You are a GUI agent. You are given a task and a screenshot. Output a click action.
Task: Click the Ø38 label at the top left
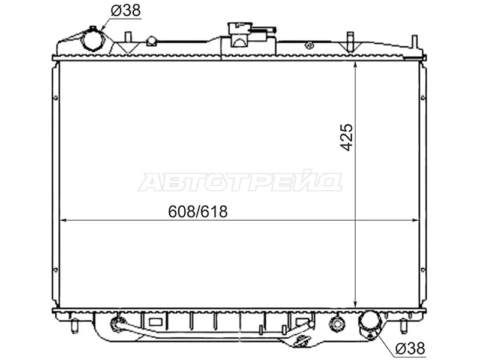coord(125,11)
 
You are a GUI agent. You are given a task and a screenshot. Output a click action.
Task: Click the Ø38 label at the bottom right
coord(410,348)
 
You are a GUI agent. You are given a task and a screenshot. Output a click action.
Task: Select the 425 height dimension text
coord(347,137)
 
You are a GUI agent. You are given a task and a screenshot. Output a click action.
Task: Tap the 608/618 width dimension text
coord(198,211)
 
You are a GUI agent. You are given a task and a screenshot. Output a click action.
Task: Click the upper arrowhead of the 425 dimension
coord(355,65)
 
